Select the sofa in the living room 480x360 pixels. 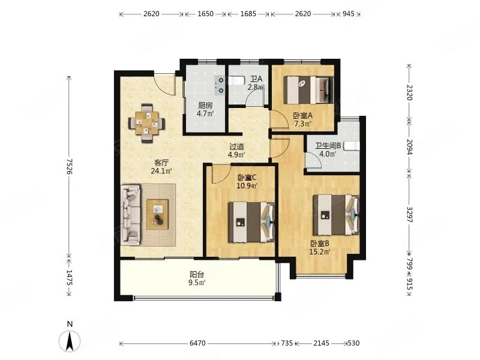131,214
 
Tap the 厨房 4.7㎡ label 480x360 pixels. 206,109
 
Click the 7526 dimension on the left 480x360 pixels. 70,164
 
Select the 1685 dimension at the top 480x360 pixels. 248,13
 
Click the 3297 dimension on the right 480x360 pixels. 410,214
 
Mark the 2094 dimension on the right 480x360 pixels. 410,146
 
